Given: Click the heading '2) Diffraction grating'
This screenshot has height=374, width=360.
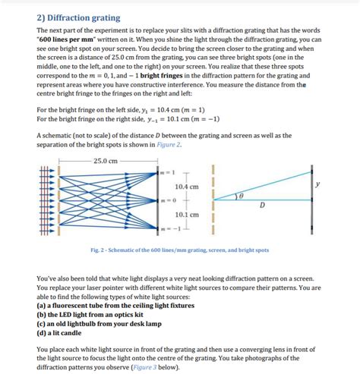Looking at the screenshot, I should pyautogui.click(x=78, y=17).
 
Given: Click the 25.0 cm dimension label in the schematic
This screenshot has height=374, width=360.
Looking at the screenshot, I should pyautogui.click(x=105, y=161).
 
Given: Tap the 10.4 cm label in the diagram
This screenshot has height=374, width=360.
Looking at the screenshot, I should pyautogui.click(x=186, y=186).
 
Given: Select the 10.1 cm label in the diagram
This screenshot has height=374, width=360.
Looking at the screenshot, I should pyautogui.click(x=186, y=215).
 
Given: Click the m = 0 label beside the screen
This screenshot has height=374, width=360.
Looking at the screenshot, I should pyautogui.click(x=166, y=200).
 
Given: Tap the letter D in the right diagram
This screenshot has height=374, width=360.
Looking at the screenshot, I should pyautogui.click(x=262, y=205).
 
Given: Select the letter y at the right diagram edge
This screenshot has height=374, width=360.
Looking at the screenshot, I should pyautogui.click(x=317, y=184).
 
